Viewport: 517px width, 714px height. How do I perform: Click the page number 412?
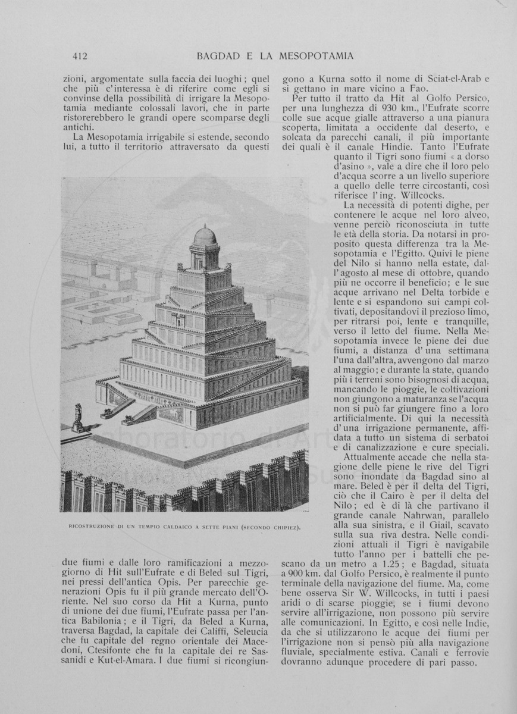(x=80, y=57)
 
